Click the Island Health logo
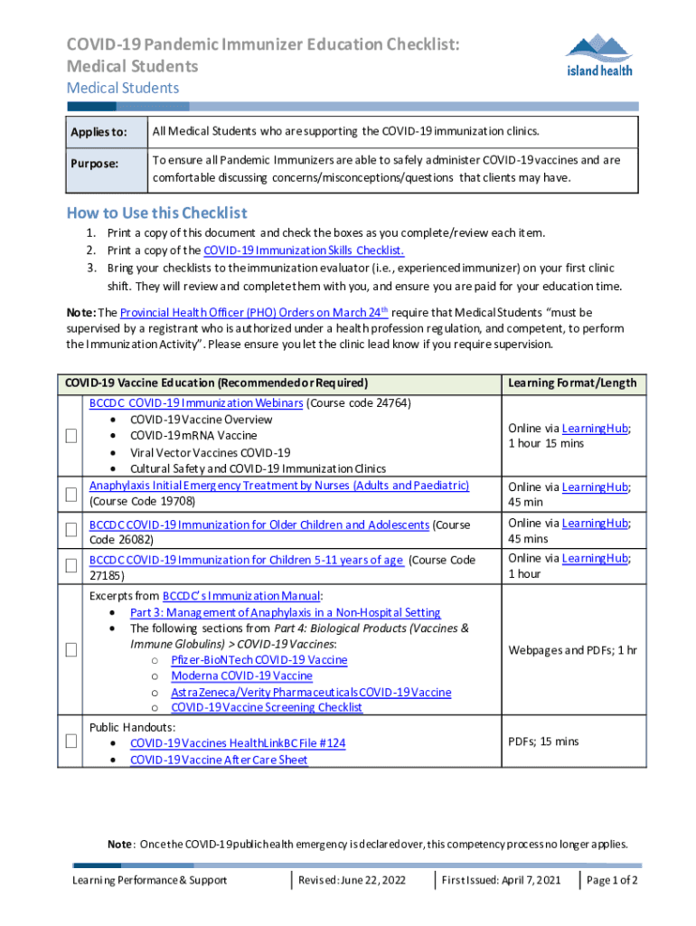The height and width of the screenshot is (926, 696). (x=598, y=56)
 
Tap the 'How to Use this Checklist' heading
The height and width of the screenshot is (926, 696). (x=156, y=213)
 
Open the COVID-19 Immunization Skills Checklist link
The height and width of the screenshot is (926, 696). (x=303, y=250)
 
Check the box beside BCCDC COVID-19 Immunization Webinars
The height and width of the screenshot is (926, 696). (x=71, y=436)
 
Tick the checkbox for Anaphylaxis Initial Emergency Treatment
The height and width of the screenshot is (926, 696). (x=71, y=494)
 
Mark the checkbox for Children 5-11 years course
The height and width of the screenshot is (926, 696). (x=71, y=566)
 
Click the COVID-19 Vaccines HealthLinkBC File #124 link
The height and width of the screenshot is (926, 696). (x=238, y=743)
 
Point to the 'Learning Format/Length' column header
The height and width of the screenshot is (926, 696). (x=571, y=383)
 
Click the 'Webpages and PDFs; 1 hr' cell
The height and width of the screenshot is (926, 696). (x=571, y=650)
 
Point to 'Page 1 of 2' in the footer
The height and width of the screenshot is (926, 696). (x=612, y=880)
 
